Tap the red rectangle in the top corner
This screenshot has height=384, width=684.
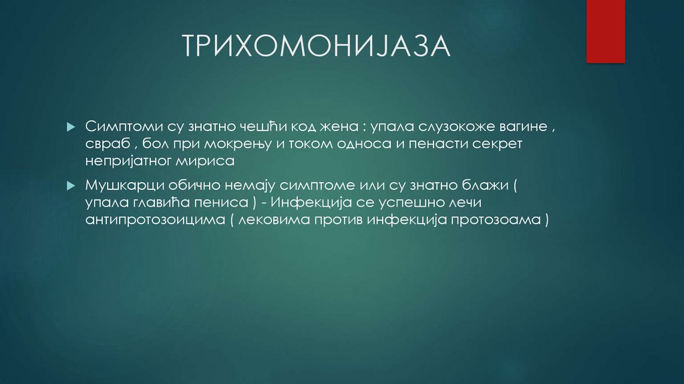[x=605, y=31]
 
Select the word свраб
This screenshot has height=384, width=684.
[x=106, y=145]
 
